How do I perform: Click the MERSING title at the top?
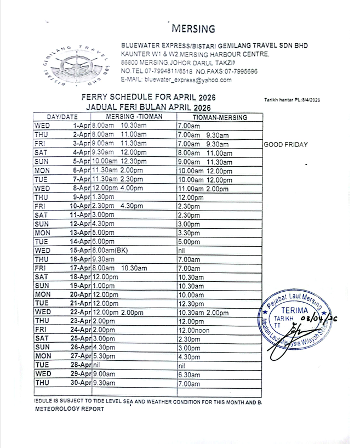click(193, 29)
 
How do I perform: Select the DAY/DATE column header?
click(62, 117)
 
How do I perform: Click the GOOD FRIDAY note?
click(285, 144)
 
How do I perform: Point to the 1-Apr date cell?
click(82, 126)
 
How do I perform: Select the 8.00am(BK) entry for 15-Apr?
click(110, 250)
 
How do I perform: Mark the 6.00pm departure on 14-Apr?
click(104, 241)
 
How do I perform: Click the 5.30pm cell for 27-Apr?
click(104, 356)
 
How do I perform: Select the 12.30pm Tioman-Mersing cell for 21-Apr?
click(191, 303)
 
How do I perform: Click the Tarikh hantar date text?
click(292, 99)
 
